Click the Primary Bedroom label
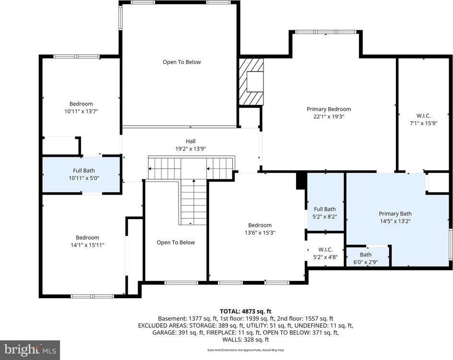point(329,109)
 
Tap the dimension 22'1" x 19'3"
point(329,116)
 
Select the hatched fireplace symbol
point(251,81)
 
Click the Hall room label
point(191,141)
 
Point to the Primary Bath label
point(395,214)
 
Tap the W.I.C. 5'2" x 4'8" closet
point(325,253)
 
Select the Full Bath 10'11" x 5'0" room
point(81,174)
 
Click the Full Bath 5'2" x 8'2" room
point(325,212)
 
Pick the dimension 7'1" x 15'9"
point(423,123)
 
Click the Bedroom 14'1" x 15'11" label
point(87,238)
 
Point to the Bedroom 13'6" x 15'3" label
point(260,225)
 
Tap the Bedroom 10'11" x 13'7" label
point(81,104)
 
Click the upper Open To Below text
point(181,62)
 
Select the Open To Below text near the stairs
point(176,243)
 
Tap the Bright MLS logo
point(30,349)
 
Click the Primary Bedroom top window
point(325,32)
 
